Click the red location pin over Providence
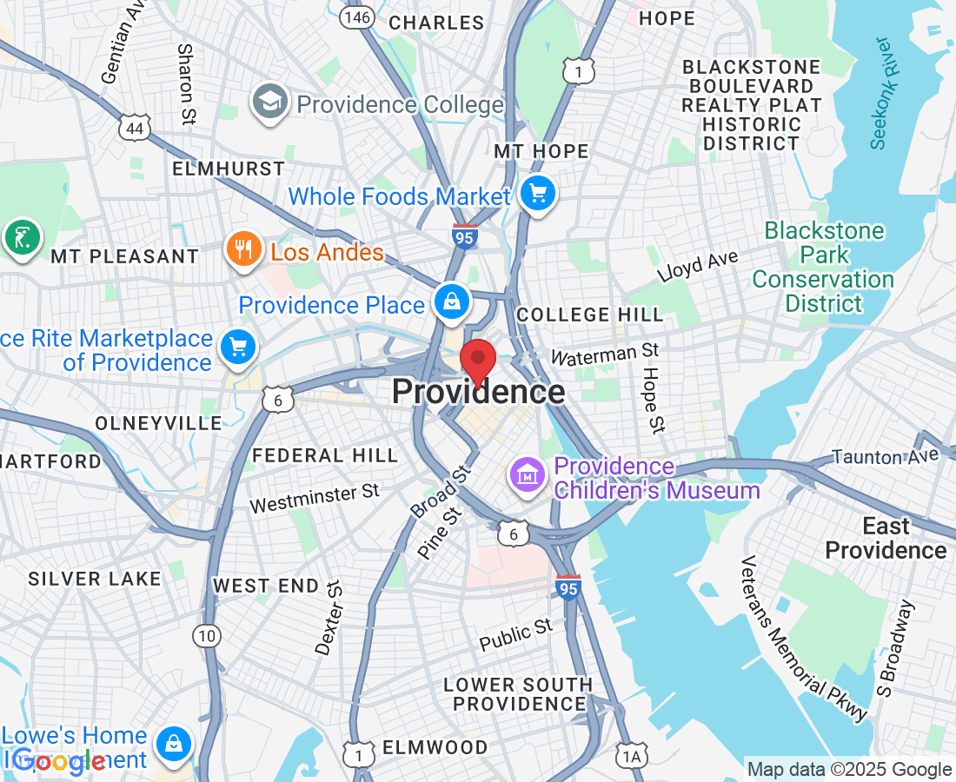(x=477, y=360)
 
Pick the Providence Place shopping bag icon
(x=452, y=303)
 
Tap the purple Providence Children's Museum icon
(x=527, y=474)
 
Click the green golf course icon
(x=21, y=237)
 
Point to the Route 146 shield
(x=356, y=17)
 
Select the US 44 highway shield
(x=135, y=129)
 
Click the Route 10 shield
(x=206, y=636)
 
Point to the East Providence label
(x=885, y=538)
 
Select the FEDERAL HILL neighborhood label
(x=324, y=455)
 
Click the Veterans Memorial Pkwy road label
(x=804, y=638)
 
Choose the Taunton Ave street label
(x=885, y=455)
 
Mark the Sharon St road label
(x=185, y=84)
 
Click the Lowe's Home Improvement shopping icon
(x=174, y=744)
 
